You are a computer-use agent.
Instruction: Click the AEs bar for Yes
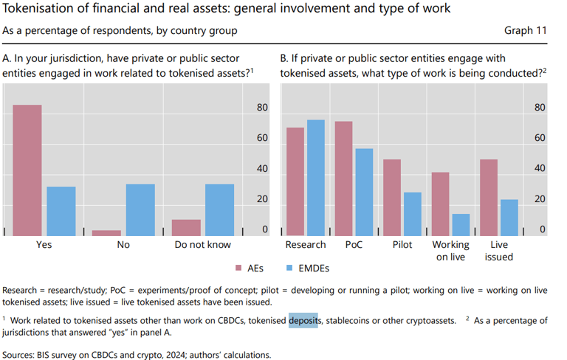(x=27, y=170)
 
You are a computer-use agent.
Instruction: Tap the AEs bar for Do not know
(x=186, y=226)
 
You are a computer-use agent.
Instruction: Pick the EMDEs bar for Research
(x=316, y=177)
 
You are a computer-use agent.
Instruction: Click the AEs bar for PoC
(x=343, y=178)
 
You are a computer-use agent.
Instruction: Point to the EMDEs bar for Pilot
(x=412, y=213)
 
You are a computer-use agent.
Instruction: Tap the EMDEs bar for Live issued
(x=509, y=217)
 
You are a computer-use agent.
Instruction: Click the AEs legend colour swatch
(x=238, y=268)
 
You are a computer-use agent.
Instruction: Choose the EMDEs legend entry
(x=310, y=268)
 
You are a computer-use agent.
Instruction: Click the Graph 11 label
(x=526, y=31)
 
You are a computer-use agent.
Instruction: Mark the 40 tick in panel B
(x=540, y=169)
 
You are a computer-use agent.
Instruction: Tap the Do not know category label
(x=202, y=244)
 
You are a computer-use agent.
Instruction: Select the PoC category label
(x=354, y=244)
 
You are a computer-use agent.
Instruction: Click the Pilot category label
(x=402, y=244)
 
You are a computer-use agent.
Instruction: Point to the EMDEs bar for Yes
(x=61, y=210)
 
